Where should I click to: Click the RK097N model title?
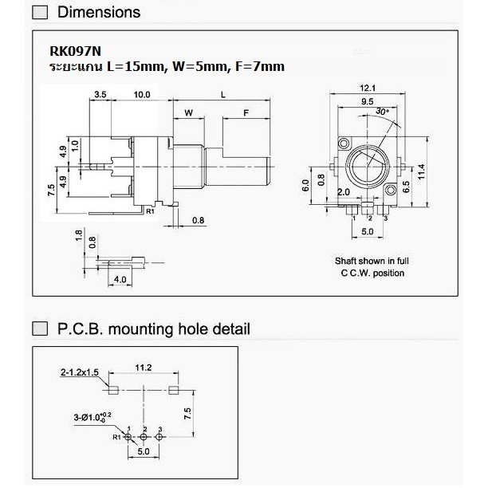(75, 51)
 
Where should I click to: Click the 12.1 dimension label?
(368, 88)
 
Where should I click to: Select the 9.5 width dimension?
(368, 101)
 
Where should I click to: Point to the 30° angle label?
(382, 112)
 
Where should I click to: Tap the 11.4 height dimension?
(421, 171)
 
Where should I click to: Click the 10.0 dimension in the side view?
(142, 95)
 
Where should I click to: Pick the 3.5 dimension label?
(100, 94)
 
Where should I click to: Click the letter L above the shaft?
(222, 95)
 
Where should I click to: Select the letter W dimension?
(189, 112)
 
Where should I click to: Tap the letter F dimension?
(246, 112)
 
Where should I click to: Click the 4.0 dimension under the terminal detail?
(120, 279)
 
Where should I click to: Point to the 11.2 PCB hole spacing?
(144, 368)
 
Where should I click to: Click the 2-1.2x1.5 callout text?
(80, 372)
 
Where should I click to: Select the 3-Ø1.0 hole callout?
(92, 417)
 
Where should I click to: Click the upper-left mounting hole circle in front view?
(344, 144)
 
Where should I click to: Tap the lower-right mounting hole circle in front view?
(390, 190)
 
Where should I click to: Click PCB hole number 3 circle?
(159, 437)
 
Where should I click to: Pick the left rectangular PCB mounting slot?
(113, 390)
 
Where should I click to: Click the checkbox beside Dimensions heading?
(40, 13)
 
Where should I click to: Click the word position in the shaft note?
(388, 274)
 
